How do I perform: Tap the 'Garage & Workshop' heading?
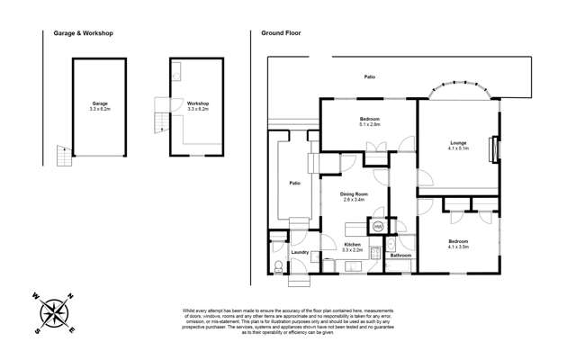click(78, 33)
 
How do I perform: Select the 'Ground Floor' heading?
click(281, 33)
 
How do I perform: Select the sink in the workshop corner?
click(177, 68)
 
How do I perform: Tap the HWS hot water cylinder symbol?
click(378, 227)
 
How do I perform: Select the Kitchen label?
click(353, 244)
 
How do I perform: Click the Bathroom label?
click(400, 256)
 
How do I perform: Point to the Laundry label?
click(300, 253)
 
